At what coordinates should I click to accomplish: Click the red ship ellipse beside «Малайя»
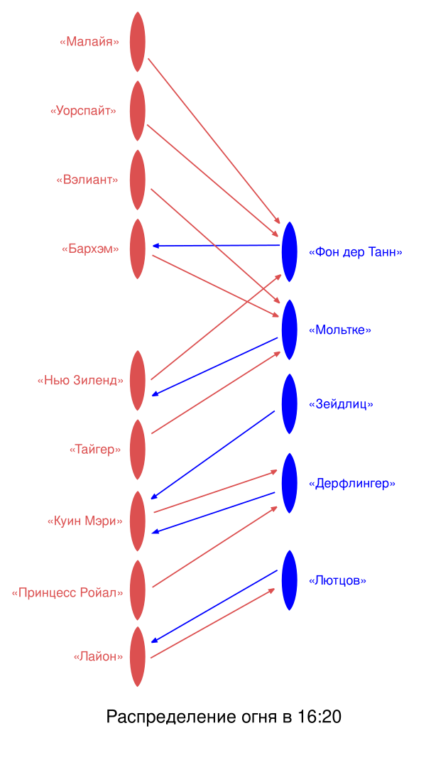pyautogui.click(x=138, y=42)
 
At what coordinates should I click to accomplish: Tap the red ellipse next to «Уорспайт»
pyautogui.click(x=138, y=111)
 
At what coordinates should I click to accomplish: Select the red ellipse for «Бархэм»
pyautogui.click(x=138, y=249)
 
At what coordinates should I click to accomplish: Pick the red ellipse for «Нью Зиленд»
pyautogui.click(x=138, y=380)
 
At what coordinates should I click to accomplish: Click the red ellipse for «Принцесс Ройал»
pyautogui.click(x=138, y=590)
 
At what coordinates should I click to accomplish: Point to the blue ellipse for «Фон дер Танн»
pyautogui.click(x=289, y=251)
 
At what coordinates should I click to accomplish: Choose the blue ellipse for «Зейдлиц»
pyautogui.click(x=289, y=403)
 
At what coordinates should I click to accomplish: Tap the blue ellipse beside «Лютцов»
pyautogui.click(x=289, y=580)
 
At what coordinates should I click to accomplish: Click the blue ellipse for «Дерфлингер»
pyautogui.click(x=289, y=483)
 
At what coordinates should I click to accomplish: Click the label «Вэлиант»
pyautogui.click(x=87, y=180)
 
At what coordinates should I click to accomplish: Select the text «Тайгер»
pyautogui.click(x=95, y=450)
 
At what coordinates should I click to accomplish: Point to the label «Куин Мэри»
pyautogui.click(x=84, y=521)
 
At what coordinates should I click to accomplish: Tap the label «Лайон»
pyautogui.click(x=98, y=657)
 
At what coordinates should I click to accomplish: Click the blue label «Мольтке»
pyautogui.click(x=340, y=330)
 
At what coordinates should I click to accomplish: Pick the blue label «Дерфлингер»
pyautogui.click(x=352, y=484)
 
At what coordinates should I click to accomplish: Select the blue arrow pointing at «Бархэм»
pyautogui.click(x=217, y=246)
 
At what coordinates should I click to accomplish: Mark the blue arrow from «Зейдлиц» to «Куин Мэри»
pyautogui.click(x=213, y=455)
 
